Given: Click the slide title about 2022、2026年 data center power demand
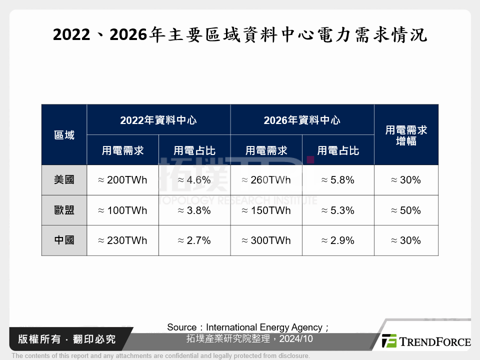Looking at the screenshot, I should click(240, 35).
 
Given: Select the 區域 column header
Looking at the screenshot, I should click(64, 135).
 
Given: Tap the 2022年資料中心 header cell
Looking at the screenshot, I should click(158, 120).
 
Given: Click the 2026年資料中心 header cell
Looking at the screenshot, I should click(302, 120).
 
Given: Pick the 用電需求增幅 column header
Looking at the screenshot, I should click(406, 135).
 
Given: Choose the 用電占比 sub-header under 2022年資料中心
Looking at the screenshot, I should click(194, 150).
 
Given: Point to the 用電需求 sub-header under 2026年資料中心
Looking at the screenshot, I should click(266, 150).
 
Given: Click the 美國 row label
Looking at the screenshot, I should click(64, 180).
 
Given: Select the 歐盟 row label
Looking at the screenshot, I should click(64, 210).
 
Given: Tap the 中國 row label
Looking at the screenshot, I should click(64, 240).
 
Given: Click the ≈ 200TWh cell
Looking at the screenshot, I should click(122, 180).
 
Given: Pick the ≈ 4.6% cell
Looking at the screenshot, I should click(194, 180).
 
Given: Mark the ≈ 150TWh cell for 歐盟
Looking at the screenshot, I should click(266, 210).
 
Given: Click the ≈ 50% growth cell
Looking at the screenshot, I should click(406, 210).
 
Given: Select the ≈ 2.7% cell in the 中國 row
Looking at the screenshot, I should click(194, 240).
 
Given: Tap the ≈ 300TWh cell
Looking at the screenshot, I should click(266, 240).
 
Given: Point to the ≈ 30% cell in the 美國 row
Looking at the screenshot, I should click(406, 180).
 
